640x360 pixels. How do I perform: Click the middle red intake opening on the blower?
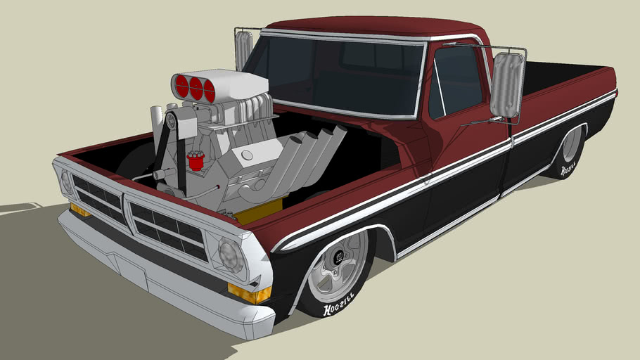196,89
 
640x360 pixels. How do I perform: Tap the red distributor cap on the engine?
196,160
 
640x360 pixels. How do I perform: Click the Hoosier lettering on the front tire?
339,308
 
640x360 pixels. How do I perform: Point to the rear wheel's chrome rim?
571,145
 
